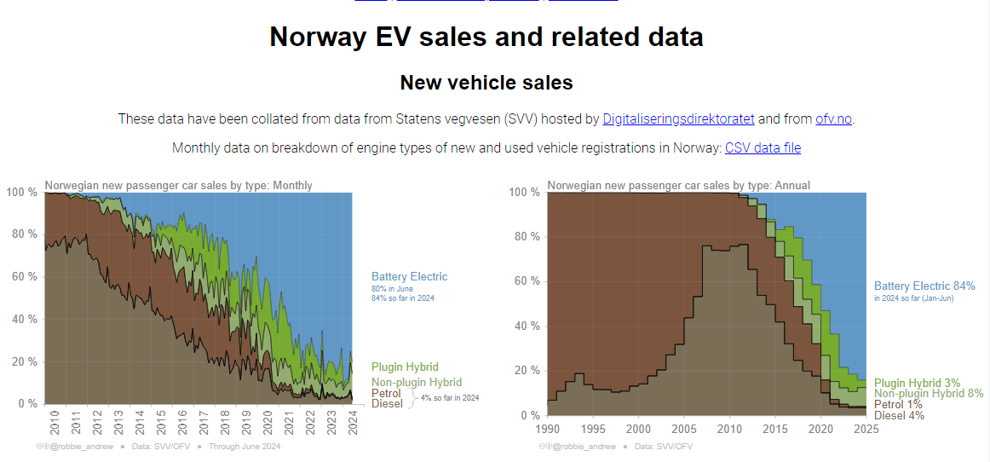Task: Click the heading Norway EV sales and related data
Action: (486, 37)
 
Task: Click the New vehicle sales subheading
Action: (486, 83)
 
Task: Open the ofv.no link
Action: (833, 118)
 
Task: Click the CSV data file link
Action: (763, 147)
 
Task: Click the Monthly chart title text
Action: (178, 185)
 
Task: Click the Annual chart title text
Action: (678, 185)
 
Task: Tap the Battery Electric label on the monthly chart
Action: (409, 276)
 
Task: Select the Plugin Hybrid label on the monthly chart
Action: (405, 367)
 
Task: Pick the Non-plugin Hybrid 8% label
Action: (929, 394)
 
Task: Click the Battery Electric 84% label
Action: (924, 286)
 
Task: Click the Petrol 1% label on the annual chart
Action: (898, 404)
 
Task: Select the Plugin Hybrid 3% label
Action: (917, 384)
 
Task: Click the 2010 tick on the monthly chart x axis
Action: (55, 422)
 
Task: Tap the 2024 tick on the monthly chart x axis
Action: (353, 422)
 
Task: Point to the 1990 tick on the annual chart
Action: (548, 429)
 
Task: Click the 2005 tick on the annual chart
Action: (684, 429)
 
